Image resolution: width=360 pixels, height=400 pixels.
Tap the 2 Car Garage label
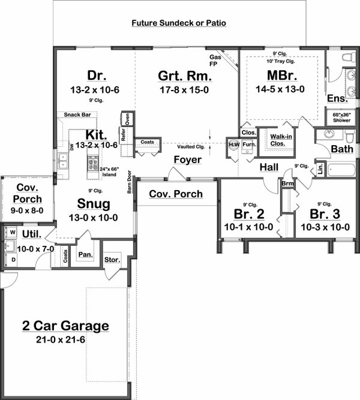click(65, 326)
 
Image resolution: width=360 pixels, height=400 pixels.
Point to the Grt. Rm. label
click(181, 76)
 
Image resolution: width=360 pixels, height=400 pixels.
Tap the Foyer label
click(188, 160)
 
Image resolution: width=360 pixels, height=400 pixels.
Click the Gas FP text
click(215, 57)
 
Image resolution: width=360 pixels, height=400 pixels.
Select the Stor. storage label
click(112, 260)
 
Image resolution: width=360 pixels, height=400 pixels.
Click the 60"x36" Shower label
click(341, 117)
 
